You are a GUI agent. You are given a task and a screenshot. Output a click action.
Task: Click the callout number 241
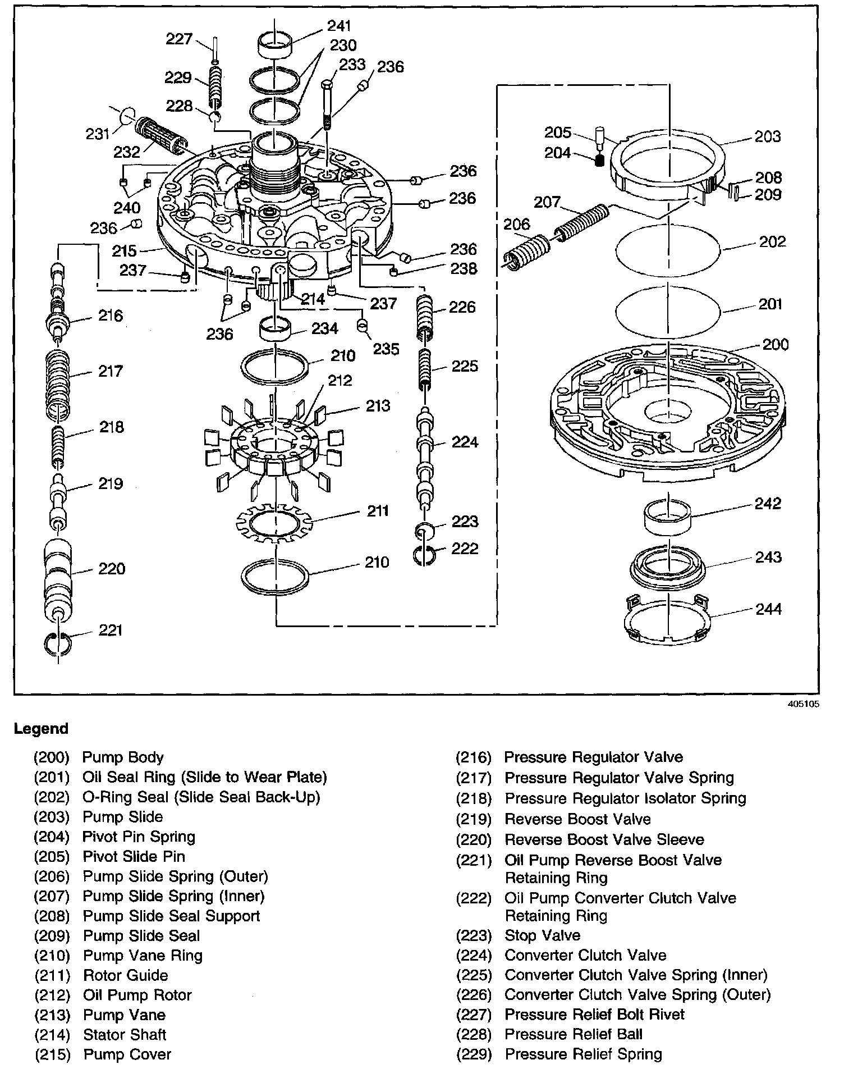[x=340, y=26]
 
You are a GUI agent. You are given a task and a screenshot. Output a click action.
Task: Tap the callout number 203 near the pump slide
[x=767, y=136]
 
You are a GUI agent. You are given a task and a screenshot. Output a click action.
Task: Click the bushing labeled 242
[x=667, y=519]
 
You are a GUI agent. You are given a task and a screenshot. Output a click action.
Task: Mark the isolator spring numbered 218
[x=59, y=445]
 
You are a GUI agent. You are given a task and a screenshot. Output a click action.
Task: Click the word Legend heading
[x=41, y=729]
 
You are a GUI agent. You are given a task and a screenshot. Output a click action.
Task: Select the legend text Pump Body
[x=123, y=757]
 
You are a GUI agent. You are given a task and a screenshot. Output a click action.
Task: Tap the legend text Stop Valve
[x=542, y=935]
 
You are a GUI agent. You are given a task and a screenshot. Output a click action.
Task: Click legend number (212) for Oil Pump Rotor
[x=52, y=995]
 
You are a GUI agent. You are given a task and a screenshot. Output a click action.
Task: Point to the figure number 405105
[x=804, y=704]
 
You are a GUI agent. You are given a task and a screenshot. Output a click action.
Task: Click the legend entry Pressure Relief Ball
[x=574, y=1035]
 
